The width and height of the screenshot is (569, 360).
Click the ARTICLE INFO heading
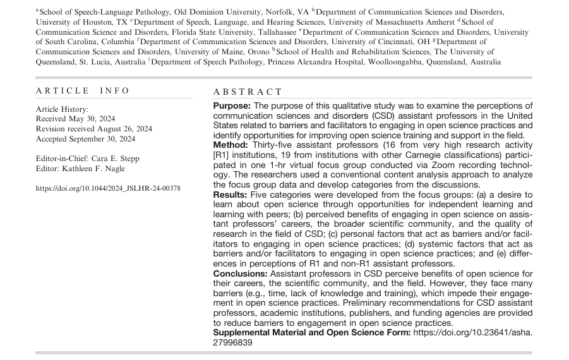[x=83, y=91]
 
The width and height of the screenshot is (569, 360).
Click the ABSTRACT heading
[x=248, y=92]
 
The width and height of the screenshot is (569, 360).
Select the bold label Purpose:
[x=232, y=106]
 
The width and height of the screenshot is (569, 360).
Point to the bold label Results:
[x=232, y=195]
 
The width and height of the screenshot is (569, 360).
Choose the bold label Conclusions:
[x=241, y=273]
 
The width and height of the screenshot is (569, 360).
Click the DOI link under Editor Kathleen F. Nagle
[x=108, y=188]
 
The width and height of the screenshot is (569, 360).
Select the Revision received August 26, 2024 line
[x=94, y=129]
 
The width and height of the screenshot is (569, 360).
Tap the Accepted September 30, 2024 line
[x=85, y=139]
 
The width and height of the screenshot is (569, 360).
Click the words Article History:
[x=62, y=109]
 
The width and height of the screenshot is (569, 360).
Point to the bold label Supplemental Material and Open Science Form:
[x=311, y=332]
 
